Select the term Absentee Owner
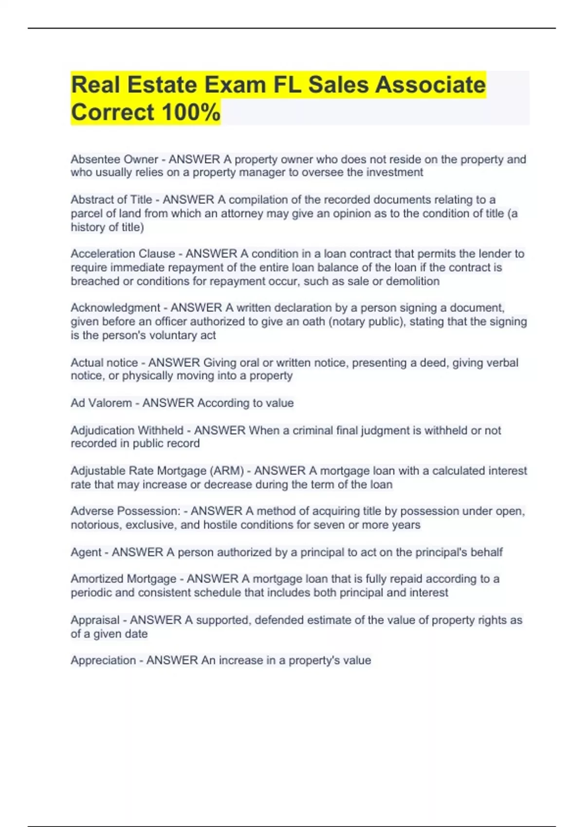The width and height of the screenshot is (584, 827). pos(114,159)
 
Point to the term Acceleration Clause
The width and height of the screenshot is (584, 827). pos(123,253)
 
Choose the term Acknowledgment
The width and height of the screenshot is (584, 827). pos(115,307)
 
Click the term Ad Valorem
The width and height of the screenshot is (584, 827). pos(101,403)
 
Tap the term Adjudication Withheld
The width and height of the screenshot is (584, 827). pos(127,430)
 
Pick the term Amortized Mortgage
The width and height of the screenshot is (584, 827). pos(124,578)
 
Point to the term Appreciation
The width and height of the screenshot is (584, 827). pos(103,660)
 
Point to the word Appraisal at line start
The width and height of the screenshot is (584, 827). pos(95,620)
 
